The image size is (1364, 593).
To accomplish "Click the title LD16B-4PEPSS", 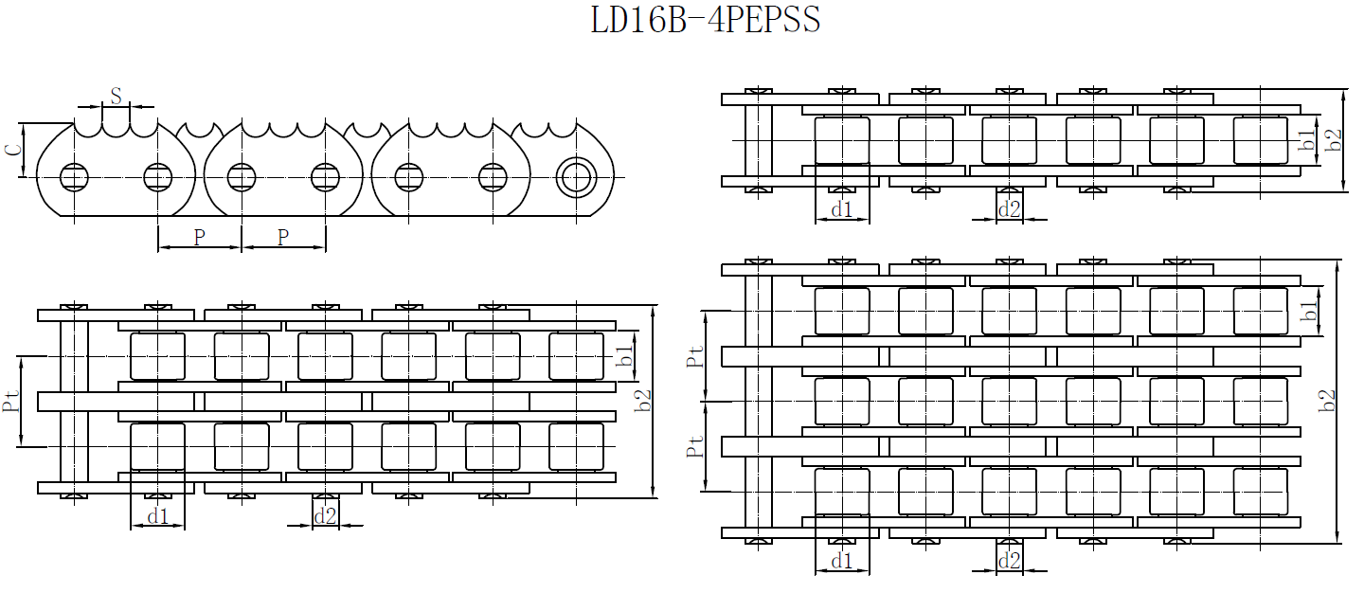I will [706, 20].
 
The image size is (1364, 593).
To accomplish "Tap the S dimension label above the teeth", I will [116, 96].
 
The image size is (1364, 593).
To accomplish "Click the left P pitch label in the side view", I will [199, 238].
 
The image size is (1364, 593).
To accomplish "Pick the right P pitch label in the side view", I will [283, 238].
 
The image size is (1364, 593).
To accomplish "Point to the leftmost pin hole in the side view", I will [73, 177].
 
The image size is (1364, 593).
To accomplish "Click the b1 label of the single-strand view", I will [1307, 140].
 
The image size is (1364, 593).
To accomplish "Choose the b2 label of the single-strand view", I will [1335, 140].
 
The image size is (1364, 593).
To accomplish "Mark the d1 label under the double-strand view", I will [157, 516].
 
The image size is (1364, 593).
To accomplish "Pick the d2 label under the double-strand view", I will [325, 516].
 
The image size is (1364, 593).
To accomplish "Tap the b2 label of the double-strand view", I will [644, 401].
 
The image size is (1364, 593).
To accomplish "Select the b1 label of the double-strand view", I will [624, 356].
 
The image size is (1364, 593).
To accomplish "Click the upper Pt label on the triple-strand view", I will [696, 356].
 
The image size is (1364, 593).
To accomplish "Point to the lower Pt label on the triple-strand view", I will [696, 446].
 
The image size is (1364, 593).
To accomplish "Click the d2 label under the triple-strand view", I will [1010, 562].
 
